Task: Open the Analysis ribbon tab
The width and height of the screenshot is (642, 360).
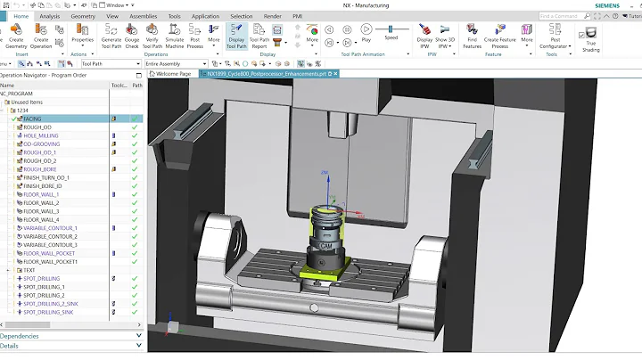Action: click(x=50, y=16)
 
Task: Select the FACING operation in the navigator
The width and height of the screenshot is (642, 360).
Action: click(x=39, y=119)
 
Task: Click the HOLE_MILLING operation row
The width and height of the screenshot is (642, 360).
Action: click(x=42, y=135)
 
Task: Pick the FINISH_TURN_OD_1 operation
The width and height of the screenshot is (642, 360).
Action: click(x=46, y=177)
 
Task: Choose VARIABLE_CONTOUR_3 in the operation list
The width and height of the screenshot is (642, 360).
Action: click(x=50, y=244)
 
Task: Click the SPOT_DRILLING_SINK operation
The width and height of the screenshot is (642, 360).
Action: click(x=48, y=312)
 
